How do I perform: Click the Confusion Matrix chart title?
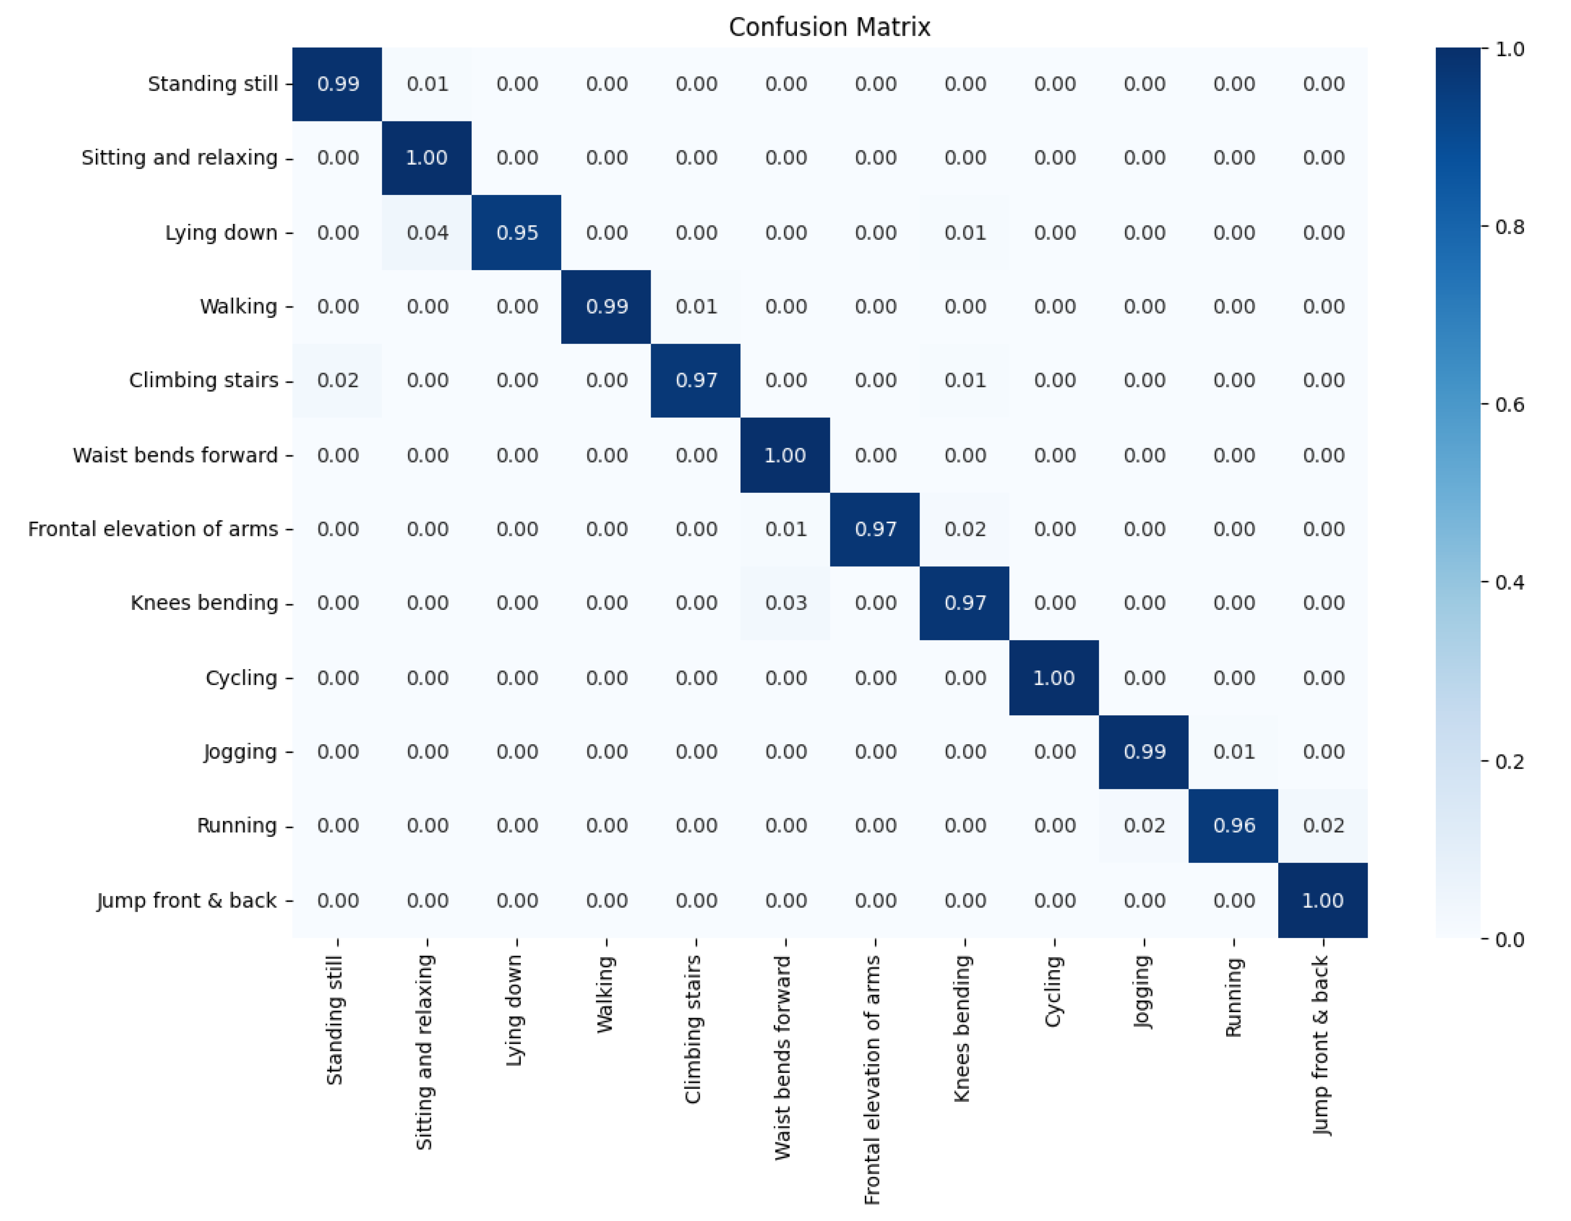829,27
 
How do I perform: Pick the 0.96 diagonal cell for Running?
1234,825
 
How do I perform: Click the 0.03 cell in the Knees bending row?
785,603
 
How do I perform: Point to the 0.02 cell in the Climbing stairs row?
337,381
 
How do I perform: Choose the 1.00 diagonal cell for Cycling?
1054,678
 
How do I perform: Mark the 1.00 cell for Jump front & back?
1323,900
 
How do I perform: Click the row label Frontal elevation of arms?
152,529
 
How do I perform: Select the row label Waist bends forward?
175,455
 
